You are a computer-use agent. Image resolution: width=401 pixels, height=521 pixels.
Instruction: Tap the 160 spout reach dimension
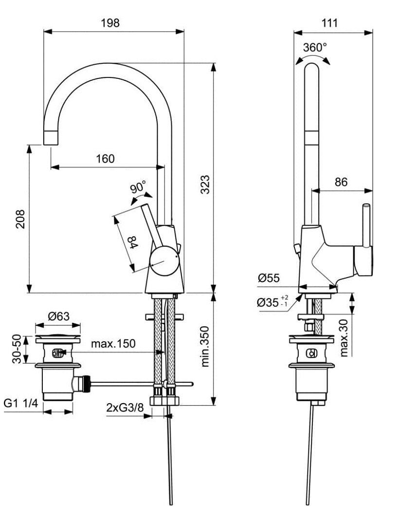click(105, 159)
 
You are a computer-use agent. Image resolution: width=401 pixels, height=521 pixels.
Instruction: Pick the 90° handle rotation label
click(138, 187)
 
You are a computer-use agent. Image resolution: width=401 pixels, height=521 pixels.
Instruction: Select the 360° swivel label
click(315, 48)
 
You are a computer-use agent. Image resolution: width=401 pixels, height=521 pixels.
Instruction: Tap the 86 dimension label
click(341, 182)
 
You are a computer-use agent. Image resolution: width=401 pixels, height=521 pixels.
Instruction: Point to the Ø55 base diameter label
click(269, 279)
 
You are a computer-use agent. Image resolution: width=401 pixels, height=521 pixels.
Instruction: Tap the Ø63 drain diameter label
click(58, 316)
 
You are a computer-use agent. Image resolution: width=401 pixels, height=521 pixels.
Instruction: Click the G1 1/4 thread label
click(20, 403)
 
